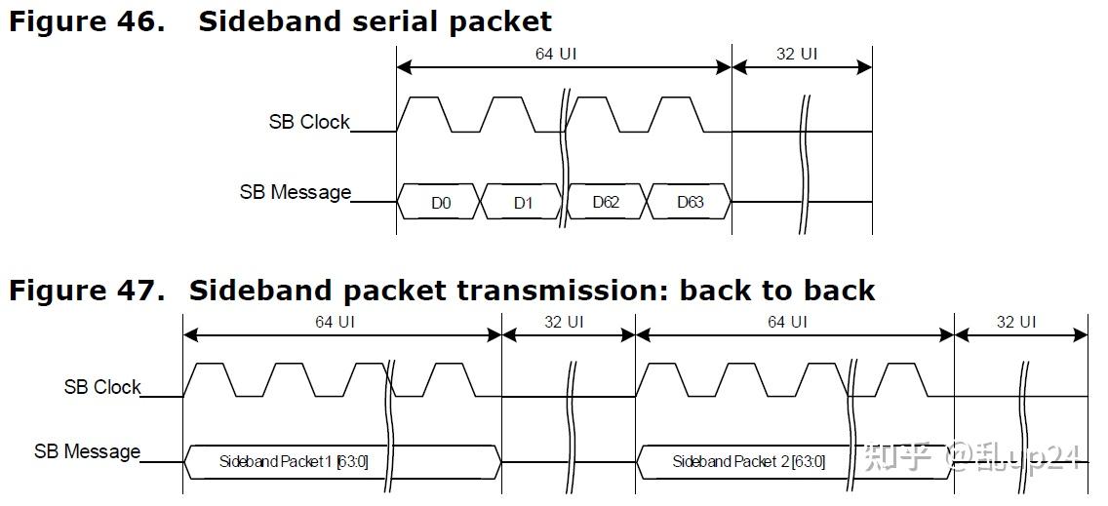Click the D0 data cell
[x=441, y=203]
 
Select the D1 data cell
[x=523, y=203]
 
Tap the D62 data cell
[x=606, y=203]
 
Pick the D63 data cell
[x=690, y=203]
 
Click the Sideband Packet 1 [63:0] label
[x=294, y=461]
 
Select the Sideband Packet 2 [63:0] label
[x=748, y=461]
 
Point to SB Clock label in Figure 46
[x=309, y=122]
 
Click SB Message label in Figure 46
[x=295, y=192]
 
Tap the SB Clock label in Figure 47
[x=102, y=387]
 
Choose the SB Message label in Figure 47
[x=88, y=451]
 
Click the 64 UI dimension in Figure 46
[x=556, y=54]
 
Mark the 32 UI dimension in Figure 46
[x=797, y=54]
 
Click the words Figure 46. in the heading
[x=87, y=21]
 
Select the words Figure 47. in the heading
[x=87, y=290]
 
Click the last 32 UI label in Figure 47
[x=1016, y=321]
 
